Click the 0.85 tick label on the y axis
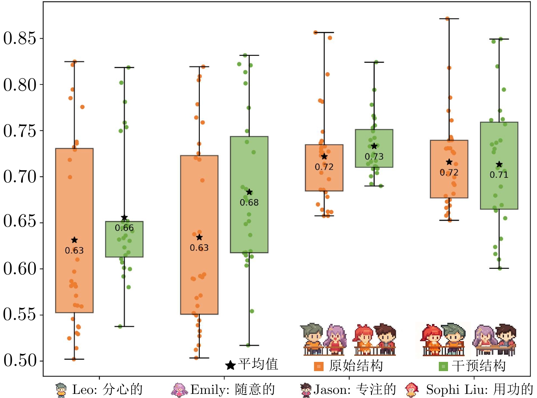pyautogui.click(x=19, y=38)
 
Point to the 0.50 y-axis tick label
pyautogui.click(x=19, y=360)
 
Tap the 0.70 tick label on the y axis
pyautogui.click(x=19, y=177)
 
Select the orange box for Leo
pyautogui.click(x=74, y=204)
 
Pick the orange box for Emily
pyautogui.click(x=199, y=204)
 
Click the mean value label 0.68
pyautogui.click(x=249, y=203)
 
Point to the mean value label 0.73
pyautogui.click(x=374, y=157)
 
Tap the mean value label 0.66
pyautogui.click(x=124, y=228)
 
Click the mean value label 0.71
pyautogui.click(x=499, y=175)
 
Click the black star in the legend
pyautogui.click(x=230, y=365)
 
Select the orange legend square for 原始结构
pyautogui.click(x=318, y=366)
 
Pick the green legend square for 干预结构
pyautogui.click(x=443, y=366)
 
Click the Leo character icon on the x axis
pyautogui.click(x=61, y=390)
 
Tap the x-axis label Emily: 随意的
pyautogui.click(x=233, y=389)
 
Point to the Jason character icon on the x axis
pyautogui.click(x=306, y=390)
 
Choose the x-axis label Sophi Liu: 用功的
pyautogui.click(x=479, y=389)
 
